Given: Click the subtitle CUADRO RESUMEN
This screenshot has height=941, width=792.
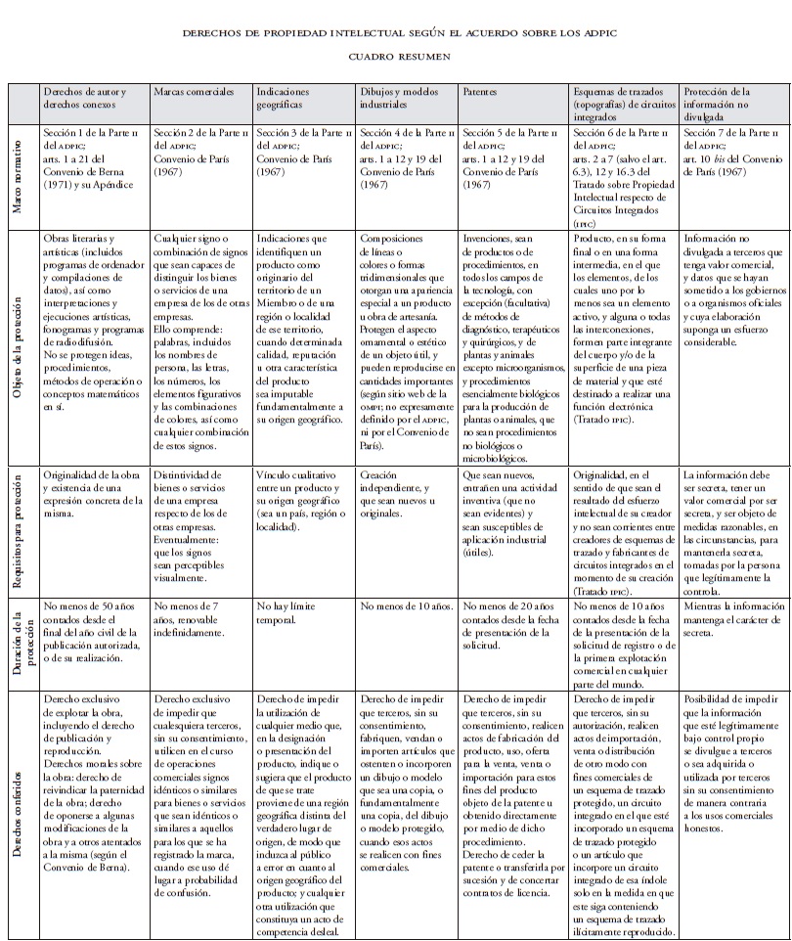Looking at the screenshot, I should tap(395, 57).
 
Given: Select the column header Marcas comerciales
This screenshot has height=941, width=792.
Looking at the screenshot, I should tap(194, 91).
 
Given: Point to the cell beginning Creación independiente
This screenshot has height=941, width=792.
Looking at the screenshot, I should tap(396, 487).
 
